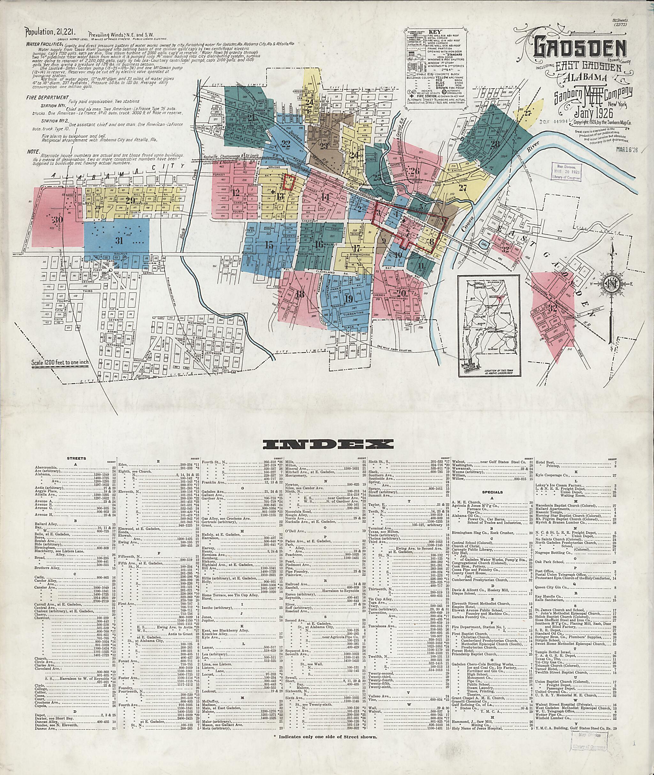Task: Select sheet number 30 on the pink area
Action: (57, 220)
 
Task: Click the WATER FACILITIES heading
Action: (41, 43)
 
